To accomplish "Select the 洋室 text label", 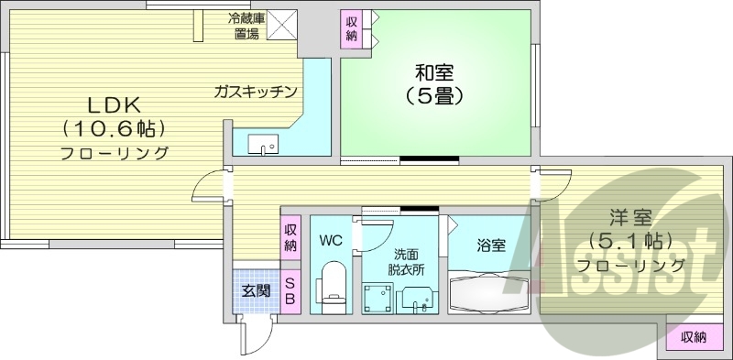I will click(631, 218).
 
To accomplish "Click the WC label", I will click(330, 241).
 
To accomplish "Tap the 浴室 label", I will click(490, 245).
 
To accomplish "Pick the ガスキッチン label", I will click(256, 91).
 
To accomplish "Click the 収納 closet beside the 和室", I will click(353, 29).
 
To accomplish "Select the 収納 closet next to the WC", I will click(290, 237).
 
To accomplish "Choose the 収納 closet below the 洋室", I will click(694, 337).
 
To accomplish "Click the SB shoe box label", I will click(290, 291).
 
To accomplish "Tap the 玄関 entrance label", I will click(256, 291).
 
